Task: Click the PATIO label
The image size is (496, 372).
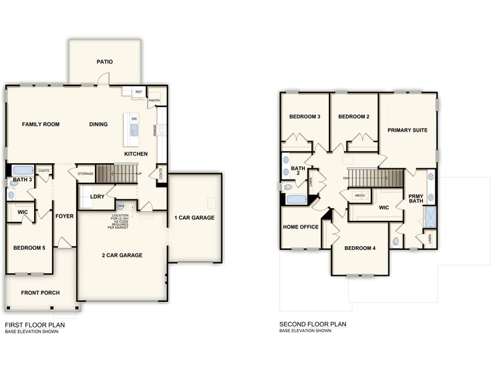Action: tap(104, 62)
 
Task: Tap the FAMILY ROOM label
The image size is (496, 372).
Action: tap(40, 125)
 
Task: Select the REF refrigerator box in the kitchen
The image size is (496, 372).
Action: tap(139, 92)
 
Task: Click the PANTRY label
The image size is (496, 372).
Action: tap(154, 100)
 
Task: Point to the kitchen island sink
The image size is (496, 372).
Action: tap(134, 130)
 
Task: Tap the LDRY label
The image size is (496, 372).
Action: tap(97, 197)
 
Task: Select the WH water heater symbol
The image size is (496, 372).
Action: tap(121, 206)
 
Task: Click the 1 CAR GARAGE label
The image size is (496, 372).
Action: tap(194, 218)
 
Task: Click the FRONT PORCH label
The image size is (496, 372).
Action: tap(40, 293)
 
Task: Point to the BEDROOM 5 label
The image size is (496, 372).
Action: tap(29, 247)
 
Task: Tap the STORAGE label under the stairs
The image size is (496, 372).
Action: tap(85, 173)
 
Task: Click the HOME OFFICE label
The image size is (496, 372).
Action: tap(301, 227)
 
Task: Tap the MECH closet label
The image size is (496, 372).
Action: tap(359, 195)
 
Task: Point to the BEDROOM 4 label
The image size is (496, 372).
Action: tap(360, 248)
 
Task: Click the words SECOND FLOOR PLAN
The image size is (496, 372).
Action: tap(313, 324)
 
